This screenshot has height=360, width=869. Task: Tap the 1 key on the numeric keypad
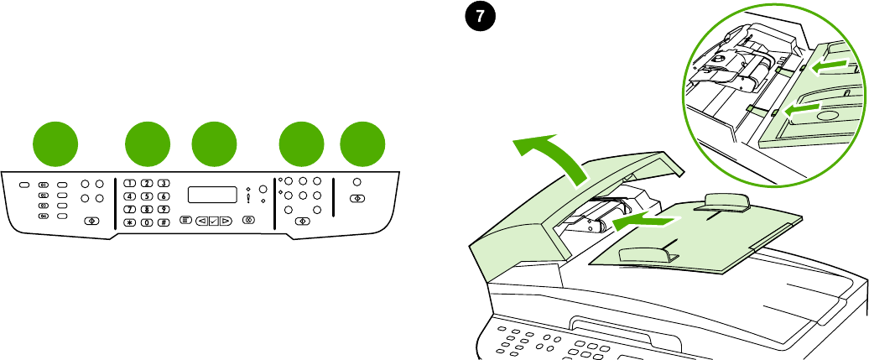pyautogui.click(x=129, y=183)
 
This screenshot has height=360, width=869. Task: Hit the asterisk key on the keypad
pyautogui.click(x=129, y=222)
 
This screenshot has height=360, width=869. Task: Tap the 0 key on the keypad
pyautogui.click(x=147, y=222)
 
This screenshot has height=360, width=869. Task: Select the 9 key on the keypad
pyautogui.click(x=164, y=208)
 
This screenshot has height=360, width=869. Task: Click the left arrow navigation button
pyautogui.click(x=201, y=222)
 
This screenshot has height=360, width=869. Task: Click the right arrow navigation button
pyautogui.click(x=226, y=222)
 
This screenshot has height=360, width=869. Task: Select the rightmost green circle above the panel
pyautogui.click(x=363, y=143)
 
